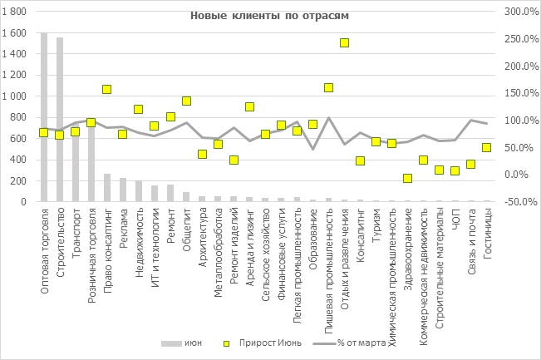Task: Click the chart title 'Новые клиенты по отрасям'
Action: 258,16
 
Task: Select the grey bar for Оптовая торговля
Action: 44,116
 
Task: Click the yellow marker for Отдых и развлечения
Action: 345,43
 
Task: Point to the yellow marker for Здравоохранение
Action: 408,178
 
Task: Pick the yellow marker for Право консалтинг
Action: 107,89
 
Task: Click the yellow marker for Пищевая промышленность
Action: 329,87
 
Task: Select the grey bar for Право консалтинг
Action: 107,187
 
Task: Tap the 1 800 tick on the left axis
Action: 17,12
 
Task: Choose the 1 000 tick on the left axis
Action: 17,96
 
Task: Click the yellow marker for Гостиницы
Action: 487,148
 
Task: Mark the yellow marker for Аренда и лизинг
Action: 249,106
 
